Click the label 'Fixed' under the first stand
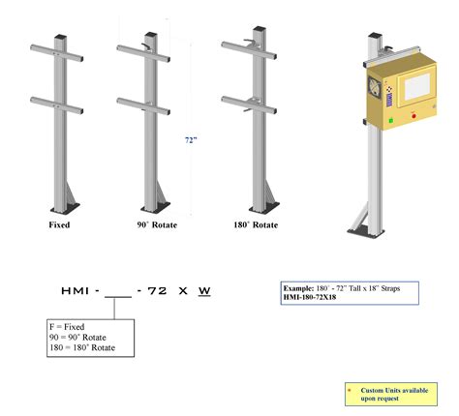[x=59, y=224]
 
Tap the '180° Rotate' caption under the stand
[x=256, y=224]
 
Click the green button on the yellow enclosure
[x=391, y=121]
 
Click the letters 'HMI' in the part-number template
[x=75, y=290]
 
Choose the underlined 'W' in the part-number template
[x=203, y=290]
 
